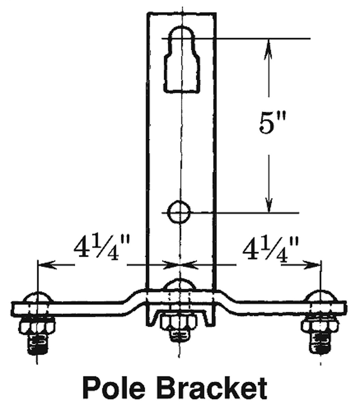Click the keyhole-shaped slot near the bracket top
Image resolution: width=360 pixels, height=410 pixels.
(x=182, y=60)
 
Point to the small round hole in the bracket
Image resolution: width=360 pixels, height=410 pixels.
(x=179, y=212)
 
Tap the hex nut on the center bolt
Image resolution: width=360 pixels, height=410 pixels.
(x=178, y=324)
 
